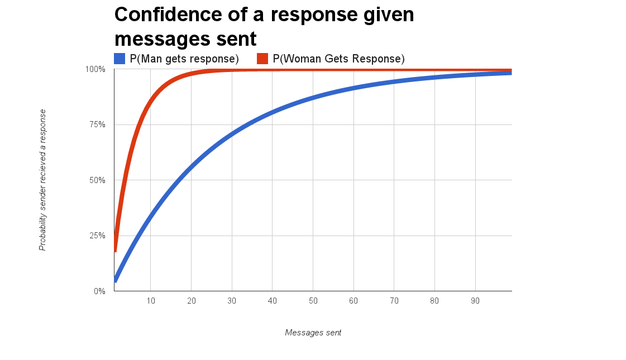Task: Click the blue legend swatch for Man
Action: tap(120, 59)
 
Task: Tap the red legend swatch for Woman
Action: tap(262, 59)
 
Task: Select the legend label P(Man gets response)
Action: tap(184, 59)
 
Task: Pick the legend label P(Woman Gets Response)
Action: tap(338, 59)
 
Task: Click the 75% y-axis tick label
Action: tap(97, 124)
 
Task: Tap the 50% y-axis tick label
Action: tap(97, 180)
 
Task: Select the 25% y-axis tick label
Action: tap(97, 236)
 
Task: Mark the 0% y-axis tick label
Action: tap(99, 291)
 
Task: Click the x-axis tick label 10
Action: tap(151, 301)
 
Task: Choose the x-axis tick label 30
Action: tap(232, 301)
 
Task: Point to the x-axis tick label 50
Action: tap(313, 301)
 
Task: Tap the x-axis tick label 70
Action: tap(394, 301)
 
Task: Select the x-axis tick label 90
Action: tap(475, 301)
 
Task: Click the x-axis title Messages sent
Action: tap(313, 333)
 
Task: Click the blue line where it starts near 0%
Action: tap(116, 279)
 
